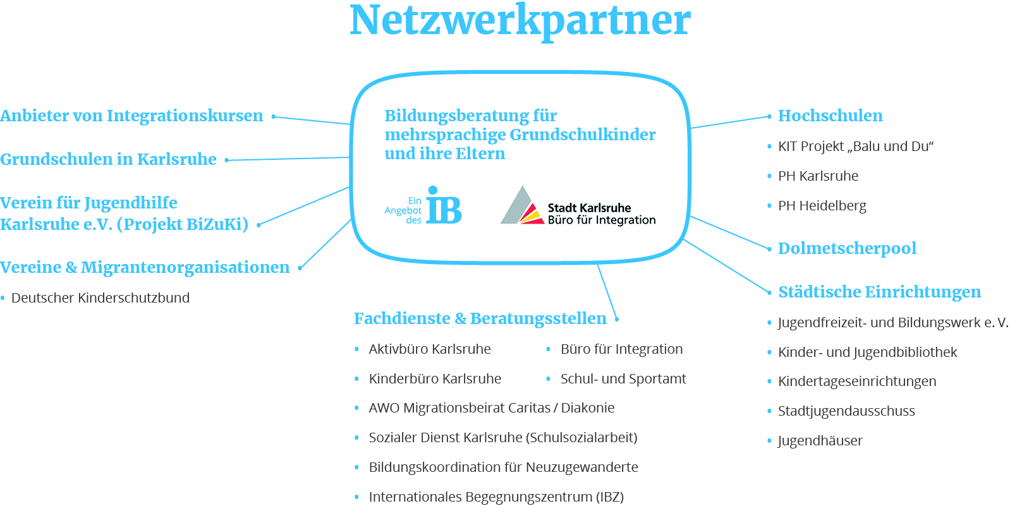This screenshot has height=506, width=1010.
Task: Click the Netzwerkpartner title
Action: click(x=520, y=20)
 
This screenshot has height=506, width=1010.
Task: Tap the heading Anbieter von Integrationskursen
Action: click(x=131, y=116)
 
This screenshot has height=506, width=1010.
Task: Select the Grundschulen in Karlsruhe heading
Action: click(x=108, y=159)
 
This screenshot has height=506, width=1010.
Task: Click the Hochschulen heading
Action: click(x=830, y=116)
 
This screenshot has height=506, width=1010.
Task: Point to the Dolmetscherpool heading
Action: click(x=847, y=248)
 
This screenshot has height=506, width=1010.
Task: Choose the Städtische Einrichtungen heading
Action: click(x=879, y=292)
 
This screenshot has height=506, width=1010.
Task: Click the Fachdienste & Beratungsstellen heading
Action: click(x=480, y=318)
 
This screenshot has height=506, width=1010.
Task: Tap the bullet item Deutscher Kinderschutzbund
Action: click(x=100, y=298)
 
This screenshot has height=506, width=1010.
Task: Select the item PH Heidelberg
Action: click(x=822, y=206)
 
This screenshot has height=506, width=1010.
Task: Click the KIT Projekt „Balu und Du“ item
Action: click(x=856, y=147)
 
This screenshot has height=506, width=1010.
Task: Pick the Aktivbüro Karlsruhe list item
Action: click(x=429, y=349)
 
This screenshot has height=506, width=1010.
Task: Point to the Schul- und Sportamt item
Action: click(x=623, y=379)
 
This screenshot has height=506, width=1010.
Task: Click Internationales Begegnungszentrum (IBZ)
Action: click(x=496, y=497)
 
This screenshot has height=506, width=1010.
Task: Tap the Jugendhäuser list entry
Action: click(x=820, y=441)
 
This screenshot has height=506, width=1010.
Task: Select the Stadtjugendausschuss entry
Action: click(x=846, y=411)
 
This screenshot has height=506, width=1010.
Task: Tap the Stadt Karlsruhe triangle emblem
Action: click(x=521, y=207)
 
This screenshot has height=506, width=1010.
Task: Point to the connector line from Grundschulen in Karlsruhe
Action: click(x=288, y=159)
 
